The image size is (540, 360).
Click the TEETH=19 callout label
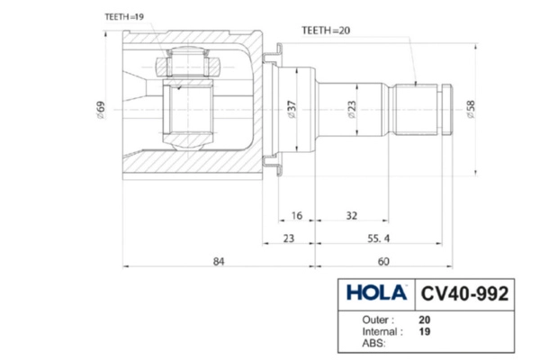[124, 17]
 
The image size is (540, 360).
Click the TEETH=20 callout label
[326, 31]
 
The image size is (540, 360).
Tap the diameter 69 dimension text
[101, 110]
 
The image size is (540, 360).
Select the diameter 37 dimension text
[292, 109]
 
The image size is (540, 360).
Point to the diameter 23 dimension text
[352, 109]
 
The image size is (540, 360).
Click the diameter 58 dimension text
[471, 109]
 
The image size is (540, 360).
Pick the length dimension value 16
[296, 216]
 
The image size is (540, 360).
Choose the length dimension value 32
[351, 216]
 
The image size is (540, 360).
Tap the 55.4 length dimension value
[379, 238]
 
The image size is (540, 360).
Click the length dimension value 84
[219, 262]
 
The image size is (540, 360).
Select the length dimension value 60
[383, 262]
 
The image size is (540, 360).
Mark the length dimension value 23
[289, 238]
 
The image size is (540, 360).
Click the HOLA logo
[376, 292]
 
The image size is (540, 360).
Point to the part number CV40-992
[464, 294]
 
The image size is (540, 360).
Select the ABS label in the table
[373, 344]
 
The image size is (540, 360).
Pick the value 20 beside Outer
[424, 320]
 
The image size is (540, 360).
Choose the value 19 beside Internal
[424, 332]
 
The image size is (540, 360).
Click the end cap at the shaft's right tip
[447, 110]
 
